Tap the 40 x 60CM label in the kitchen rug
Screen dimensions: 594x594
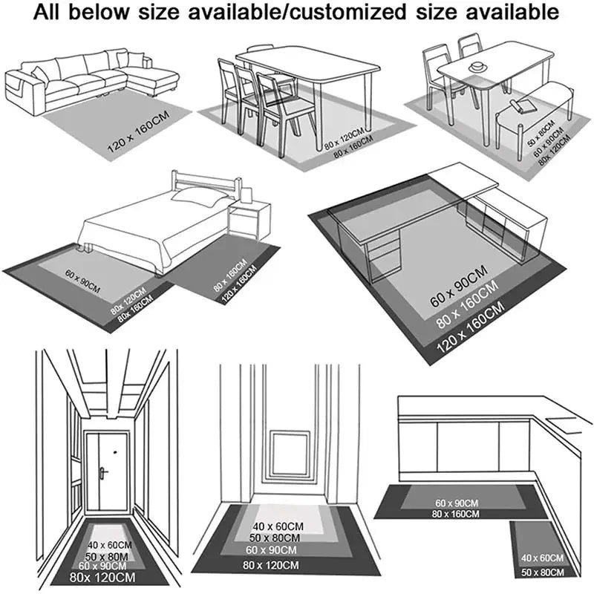click(541, 558)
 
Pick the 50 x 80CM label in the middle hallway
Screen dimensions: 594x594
click(275, 538)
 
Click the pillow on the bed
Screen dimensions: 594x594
click(200, 197)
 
